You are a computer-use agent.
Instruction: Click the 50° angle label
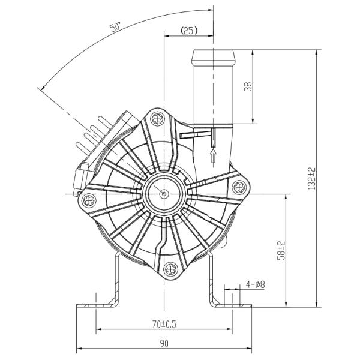click(x=115, y=27)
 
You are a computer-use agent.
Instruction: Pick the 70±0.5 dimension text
click(x=164, y=324)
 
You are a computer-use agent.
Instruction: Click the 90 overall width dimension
click(x=164, y=344)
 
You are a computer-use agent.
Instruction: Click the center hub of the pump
click(x=164, y=194)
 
